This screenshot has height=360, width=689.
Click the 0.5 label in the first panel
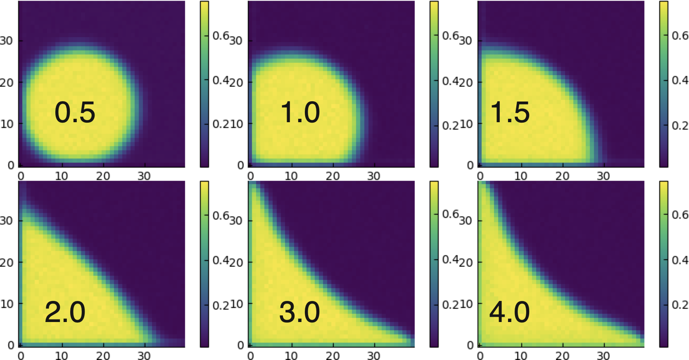click(x=75, y=112)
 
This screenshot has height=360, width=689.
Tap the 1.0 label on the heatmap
click(x=300, y=112)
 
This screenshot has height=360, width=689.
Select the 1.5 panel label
click(x=510, y=112)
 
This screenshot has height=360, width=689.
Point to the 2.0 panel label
click(x=65, y=312)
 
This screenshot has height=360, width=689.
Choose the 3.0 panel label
click(x=299, y=312)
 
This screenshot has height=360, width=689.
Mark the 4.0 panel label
click(x=509, y=312)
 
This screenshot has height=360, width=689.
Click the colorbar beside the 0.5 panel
click(x=204, y=84)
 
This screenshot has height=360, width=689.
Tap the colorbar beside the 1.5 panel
click(x=663, y=84)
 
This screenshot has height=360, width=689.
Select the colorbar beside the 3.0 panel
click(x=434, y=264)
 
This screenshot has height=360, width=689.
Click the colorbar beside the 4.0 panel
click(x=663, y=264)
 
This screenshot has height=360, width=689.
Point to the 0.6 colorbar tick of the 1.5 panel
click(x=680, y=36)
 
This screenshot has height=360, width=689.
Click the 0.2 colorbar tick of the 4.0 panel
click(x=680, y=305)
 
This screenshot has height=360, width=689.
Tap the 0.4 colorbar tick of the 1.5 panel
click(x=680, y=80)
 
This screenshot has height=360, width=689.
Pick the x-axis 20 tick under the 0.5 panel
click(x=103, y=176)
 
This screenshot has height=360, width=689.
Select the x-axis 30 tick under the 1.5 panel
click(x=603, y=176)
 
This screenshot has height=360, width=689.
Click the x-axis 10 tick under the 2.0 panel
click(x=62, y=355)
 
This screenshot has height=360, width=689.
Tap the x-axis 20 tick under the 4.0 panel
click(x=562, y=355)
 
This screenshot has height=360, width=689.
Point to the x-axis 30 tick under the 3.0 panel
click(x=373, y=355)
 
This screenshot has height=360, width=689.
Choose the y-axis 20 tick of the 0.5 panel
click(x=6, y=83)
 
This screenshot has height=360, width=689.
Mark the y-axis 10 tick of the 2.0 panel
click(x=6, y=304)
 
